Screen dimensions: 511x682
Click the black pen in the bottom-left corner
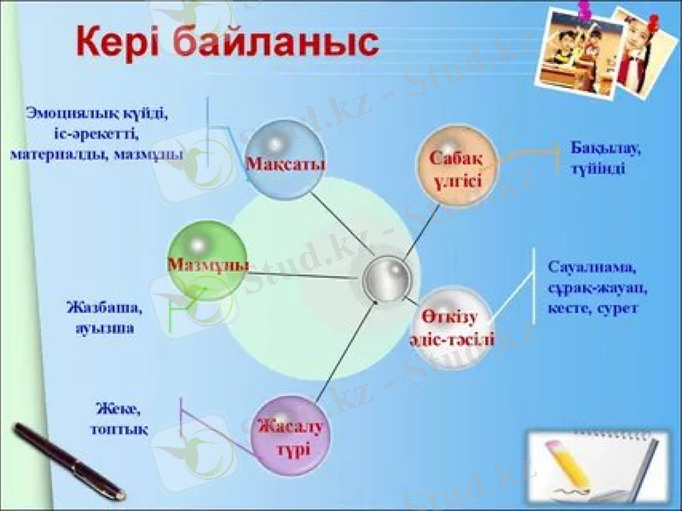(68, 460)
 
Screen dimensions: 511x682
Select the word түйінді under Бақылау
(599, 169)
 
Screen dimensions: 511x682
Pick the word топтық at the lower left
(119, 430)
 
